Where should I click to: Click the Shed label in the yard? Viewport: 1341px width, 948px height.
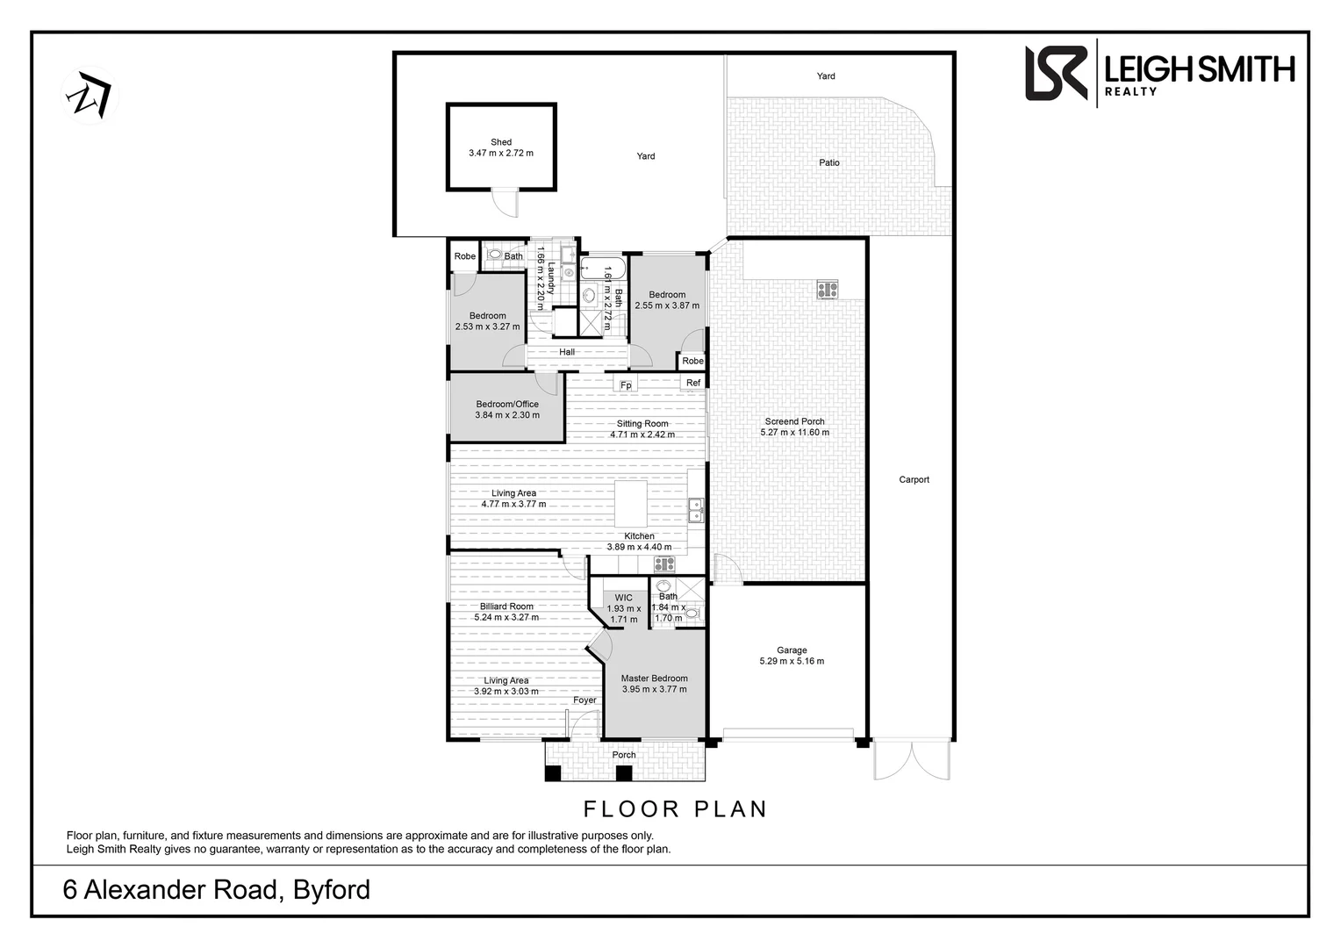pyautogui.click(x=501, y=142)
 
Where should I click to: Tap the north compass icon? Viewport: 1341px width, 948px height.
pyautogui.click(x=90, y=96)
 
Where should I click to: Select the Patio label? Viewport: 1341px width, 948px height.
pyautogui.click(x=829, y=162)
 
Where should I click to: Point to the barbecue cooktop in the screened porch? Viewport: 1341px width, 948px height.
pyautogui.click(x=827, y=289)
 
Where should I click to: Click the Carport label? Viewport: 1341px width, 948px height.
pyautogui.click(x=914, y=480)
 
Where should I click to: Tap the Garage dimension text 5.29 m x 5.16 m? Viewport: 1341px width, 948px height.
pyautogui.click(x=792, y=662)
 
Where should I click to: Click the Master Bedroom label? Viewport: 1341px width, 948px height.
pyautogui.click(x=654, y=679)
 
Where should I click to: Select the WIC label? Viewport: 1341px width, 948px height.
pyautogui.click(x=623, y=598)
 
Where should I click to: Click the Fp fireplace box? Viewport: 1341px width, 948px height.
pyautogui.click(x=626, y=384)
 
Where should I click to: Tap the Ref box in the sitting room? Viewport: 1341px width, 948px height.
pyautogui.click(x=693, y=383)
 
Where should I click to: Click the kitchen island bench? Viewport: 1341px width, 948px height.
pyautogui.click(x=630, y=504)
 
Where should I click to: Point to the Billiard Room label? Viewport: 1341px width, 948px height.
pyautogui.click(x=506, y=607)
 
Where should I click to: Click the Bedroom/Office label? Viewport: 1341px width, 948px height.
pyautogui.click(x=507, y=405)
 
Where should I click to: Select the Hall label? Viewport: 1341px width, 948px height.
pyautogui.click(x=567, y=352)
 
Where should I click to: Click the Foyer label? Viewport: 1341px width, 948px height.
pyautogui.click(x=584, y=700)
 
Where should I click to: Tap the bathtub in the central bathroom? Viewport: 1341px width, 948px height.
pyautogui.click(x=602, y=267)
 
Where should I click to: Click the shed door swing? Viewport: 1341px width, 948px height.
pyautogui.click(x=506, y=204)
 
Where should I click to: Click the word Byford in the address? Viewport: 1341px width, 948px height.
pyautogui.click(x=331, y=890)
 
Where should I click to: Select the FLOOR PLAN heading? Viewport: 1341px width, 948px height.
pyautogui.click(x=676, y=808)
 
